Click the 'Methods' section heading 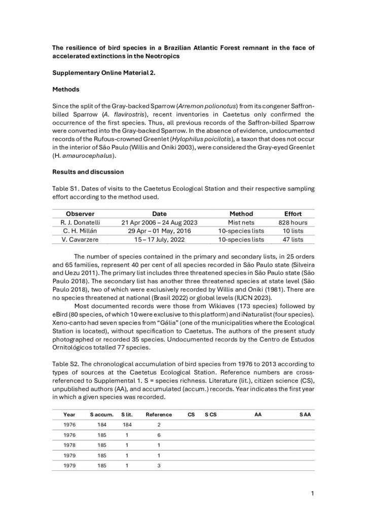point(66,89)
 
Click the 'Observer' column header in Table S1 point(80,214)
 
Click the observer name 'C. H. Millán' point(80,231)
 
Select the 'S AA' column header point(304,414)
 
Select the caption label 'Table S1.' point(66,189)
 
